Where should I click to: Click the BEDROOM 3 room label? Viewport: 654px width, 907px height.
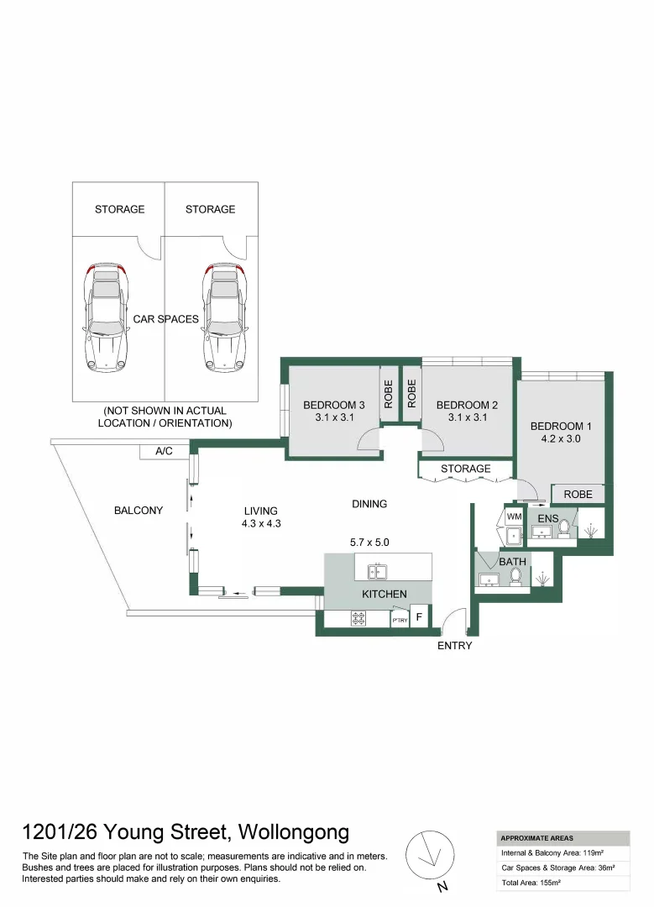[333, 405]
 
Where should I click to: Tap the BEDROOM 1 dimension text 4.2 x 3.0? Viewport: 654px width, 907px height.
[560, 438]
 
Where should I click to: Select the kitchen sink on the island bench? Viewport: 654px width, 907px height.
[378, 572]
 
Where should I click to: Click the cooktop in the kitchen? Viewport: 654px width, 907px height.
[359, 618]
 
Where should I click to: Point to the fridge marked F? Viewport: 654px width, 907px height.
[419, 616]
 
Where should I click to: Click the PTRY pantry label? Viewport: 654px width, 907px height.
[400, 620]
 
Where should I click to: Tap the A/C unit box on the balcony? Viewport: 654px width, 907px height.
[165, 451]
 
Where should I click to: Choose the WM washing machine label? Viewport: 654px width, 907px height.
[514, 516]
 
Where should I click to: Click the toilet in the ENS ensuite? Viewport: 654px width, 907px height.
[564, 529]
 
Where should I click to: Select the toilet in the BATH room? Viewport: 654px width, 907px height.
[515, 576]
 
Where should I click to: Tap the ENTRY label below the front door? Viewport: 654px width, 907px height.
[454, 646]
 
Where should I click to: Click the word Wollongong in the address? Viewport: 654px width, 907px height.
[294, 832]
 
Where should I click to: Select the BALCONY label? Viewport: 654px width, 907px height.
[139, 511]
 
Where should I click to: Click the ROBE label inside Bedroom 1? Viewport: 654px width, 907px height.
[578, 495]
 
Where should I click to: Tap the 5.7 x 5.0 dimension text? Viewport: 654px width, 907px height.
[369, 543]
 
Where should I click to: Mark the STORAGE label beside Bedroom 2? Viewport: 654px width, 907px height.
[465, 469]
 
